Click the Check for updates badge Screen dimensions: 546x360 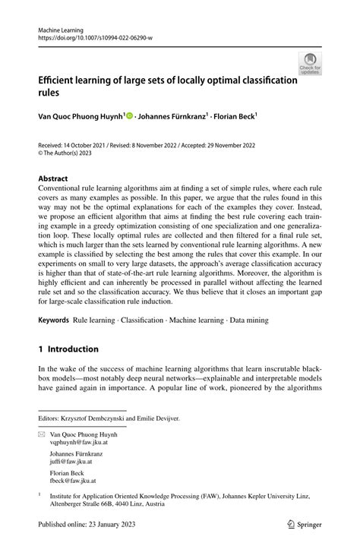point(309,64)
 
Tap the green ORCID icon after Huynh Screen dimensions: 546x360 point(129,116)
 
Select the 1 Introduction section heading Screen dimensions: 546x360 point(69,349)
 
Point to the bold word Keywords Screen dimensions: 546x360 point(53,320)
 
